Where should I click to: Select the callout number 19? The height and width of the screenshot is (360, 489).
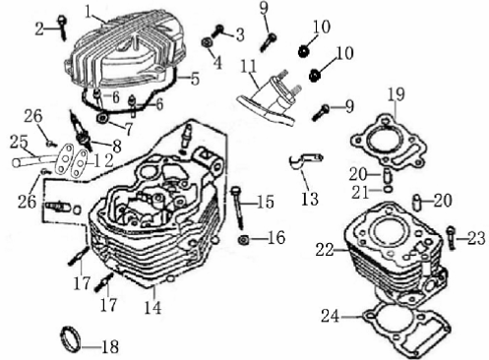(396, 94)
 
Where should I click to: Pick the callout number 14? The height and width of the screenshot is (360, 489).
(153, 307)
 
